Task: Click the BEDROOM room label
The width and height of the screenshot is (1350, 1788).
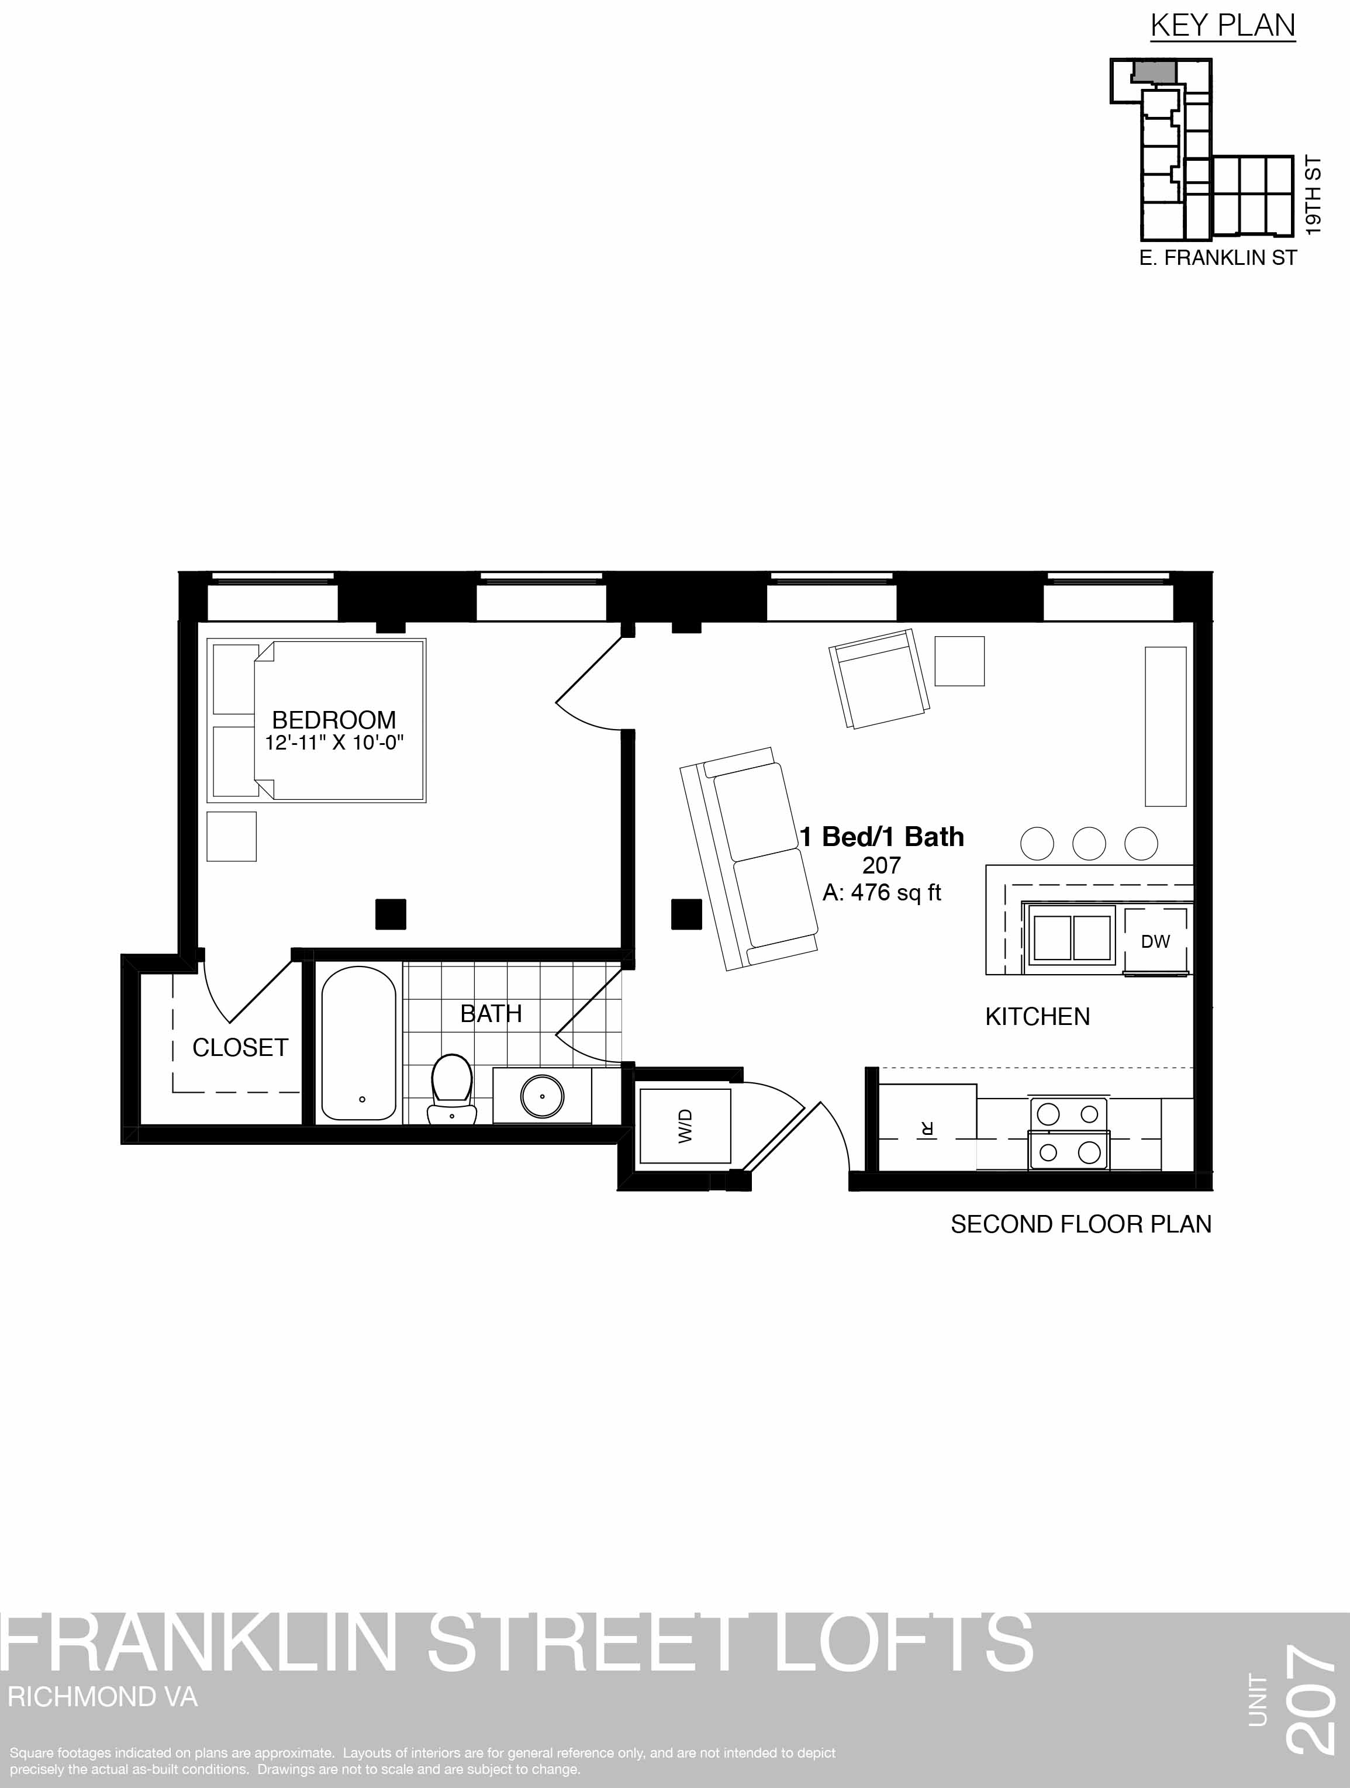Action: [334, 719]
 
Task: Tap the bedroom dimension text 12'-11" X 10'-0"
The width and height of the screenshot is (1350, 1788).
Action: [334, 743]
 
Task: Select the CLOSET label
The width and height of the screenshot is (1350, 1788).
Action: [240, 1048]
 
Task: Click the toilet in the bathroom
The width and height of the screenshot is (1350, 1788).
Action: [452, 1089]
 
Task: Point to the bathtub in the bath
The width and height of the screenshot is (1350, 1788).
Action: [359, 1044]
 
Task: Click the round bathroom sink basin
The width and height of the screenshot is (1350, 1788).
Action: [541, 1096]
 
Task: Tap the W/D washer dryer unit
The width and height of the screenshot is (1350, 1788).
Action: [685, 1126]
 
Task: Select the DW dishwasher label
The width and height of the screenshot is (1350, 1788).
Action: [1155, 941]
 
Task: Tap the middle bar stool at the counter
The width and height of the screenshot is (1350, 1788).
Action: [1089, 844]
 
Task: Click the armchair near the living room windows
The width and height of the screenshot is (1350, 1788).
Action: [879, 678]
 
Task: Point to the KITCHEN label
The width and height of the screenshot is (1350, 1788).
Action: [1037, 1017]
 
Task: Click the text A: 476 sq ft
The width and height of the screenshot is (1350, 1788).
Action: [882, 892]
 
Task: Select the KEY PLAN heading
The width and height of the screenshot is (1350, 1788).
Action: [1223, 26]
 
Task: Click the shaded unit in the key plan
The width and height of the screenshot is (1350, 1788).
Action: [1153, 70]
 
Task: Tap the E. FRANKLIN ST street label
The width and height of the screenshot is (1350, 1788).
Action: [1218, 258]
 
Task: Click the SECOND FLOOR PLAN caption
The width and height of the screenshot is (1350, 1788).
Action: [1081, 1224]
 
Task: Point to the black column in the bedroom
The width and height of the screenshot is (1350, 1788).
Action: [391, 914]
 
